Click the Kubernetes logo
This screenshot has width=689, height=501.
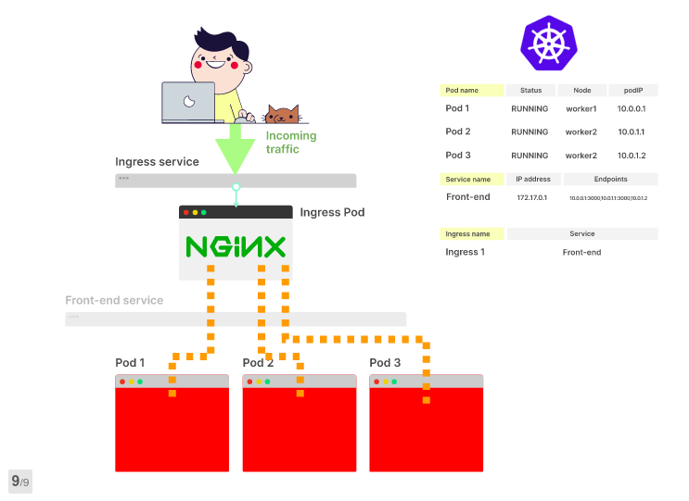(547, 44)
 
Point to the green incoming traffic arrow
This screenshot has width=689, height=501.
(235, 148)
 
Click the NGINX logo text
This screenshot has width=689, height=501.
(236, 246)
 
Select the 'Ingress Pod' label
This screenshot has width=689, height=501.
(332, 212)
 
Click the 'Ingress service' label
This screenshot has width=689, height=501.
(157, 162)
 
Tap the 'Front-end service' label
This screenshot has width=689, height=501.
(114, 301)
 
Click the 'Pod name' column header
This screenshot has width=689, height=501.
(471, 91)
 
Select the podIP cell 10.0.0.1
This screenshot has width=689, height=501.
(632, 109)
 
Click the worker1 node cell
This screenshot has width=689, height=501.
(581, 109)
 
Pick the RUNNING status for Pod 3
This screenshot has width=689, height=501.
(530, 156)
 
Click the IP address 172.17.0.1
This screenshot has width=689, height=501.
(532, 198)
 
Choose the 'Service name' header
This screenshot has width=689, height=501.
(471, 179)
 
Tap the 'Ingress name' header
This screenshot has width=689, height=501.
(471, 234)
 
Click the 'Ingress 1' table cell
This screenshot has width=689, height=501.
(466, 252)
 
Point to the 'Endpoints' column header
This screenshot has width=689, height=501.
(609, 179)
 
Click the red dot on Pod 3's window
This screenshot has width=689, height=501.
(376, 382)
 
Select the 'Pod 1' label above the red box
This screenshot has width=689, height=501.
(130, 363)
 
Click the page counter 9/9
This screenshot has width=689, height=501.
(20, 482)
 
